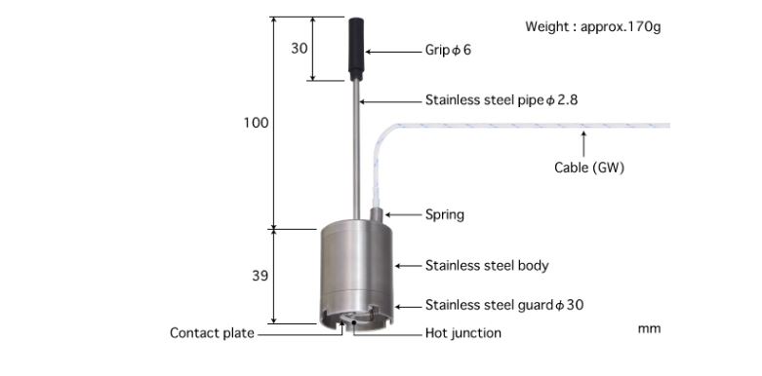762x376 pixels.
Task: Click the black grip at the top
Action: (x=358, y=49)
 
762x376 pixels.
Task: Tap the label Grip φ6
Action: (x=448, y=50)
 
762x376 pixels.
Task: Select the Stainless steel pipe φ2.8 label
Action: (x=495, y=99)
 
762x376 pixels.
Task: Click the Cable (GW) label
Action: (x=588, y=168)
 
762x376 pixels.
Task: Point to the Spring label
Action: (x=444, y=214)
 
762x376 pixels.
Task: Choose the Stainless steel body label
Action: (x=486, y=265)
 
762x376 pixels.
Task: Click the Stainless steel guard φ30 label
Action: (x=503, y=305)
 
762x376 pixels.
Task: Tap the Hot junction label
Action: (x=462, y=333)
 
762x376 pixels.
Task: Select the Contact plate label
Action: (x=212, y=333)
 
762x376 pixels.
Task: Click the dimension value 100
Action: (x=256, y=123)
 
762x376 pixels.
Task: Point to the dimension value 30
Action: (x=299, y=49)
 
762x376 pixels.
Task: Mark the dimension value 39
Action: (x=260, y=276)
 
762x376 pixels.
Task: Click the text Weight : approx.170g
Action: (x=592, y=26)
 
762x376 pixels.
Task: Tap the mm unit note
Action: (x=649, y=328)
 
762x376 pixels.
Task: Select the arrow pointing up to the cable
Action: (x=583, y=144)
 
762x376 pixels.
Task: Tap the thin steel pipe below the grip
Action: (x=359, y=146)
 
